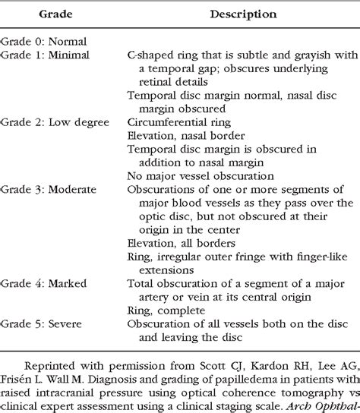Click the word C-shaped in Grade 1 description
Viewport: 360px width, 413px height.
pyautogui.click(x=149, y=55)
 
